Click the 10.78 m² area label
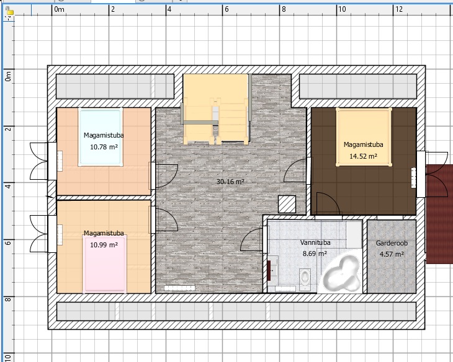pyautogui.click(x=104, y=147)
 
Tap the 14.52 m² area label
pyautogui.click(x=363, y=156)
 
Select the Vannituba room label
pyautogui.click(x=315, y=242)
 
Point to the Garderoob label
pyautogui.click(x=392, y=243)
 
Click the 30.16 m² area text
pyautogui.click(x=230, y=182)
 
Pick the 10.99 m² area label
pyautogui.click(x=104, y=245)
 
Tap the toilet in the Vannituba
pyautogui.click(x=305, y=279)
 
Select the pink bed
pyautogui.click(x=105, y=264)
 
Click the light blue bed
pyautogui.click(x=101, y=137)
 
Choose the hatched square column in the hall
pyautogui.click(x=287, y=205)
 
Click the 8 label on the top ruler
pyautogui.click(x=284, y=9)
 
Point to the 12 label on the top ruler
pyautogui.click(x=398, y=9)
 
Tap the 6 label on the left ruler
pyautogui.click(x=8, y=242)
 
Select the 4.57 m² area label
pyautogui.click(x=392, y=254)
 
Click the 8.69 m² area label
pyautogui.click(x=315, y=254)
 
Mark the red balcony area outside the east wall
pyautogui.click(x=439, y=214)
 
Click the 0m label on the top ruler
pyautogui.click(x=59, y=9)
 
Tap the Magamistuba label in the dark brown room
pyautogui.click(x=364, y=144)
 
